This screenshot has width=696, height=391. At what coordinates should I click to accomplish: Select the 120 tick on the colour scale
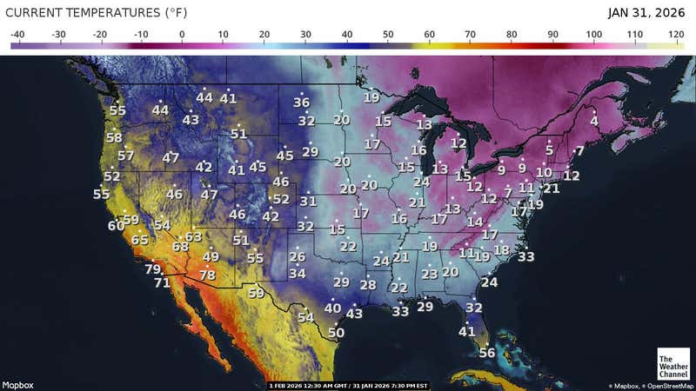tap(676, 35)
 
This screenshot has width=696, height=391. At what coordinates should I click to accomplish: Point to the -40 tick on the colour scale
tap(17, 35)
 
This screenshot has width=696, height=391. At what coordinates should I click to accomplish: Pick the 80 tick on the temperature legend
tap(512, 35)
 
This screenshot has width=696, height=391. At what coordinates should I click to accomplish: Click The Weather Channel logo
tap(673, 364)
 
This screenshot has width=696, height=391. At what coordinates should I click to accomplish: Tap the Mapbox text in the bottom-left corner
tap(17, 384)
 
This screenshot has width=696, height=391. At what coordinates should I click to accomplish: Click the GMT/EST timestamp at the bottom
tap(348, 384)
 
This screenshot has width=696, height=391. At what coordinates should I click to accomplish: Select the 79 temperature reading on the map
tap(153, 269)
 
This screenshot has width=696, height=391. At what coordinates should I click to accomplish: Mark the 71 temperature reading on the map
tap(163, 282)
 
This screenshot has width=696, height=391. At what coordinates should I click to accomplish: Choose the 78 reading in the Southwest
tap(207, 275)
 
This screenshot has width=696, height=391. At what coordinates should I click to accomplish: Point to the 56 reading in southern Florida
tap(487, 353)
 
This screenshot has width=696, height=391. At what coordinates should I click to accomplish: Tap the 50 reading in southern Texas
tap(337, 332)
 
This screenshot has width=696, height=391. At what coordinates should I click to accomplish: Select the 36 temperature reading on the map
tap(302, 103)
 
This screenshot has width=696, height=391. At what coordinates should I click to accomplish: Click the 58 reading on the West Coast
tap(114, 137)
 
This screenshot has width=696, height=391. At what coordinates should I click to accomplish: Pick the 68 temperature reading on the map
tap(180, 247)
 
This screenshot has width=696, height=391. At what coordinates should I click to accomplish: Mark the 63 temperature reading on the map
tap(193, 236)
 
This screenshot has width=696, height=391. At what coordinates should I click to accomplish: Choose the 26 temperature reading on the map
tap(298, 256)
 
